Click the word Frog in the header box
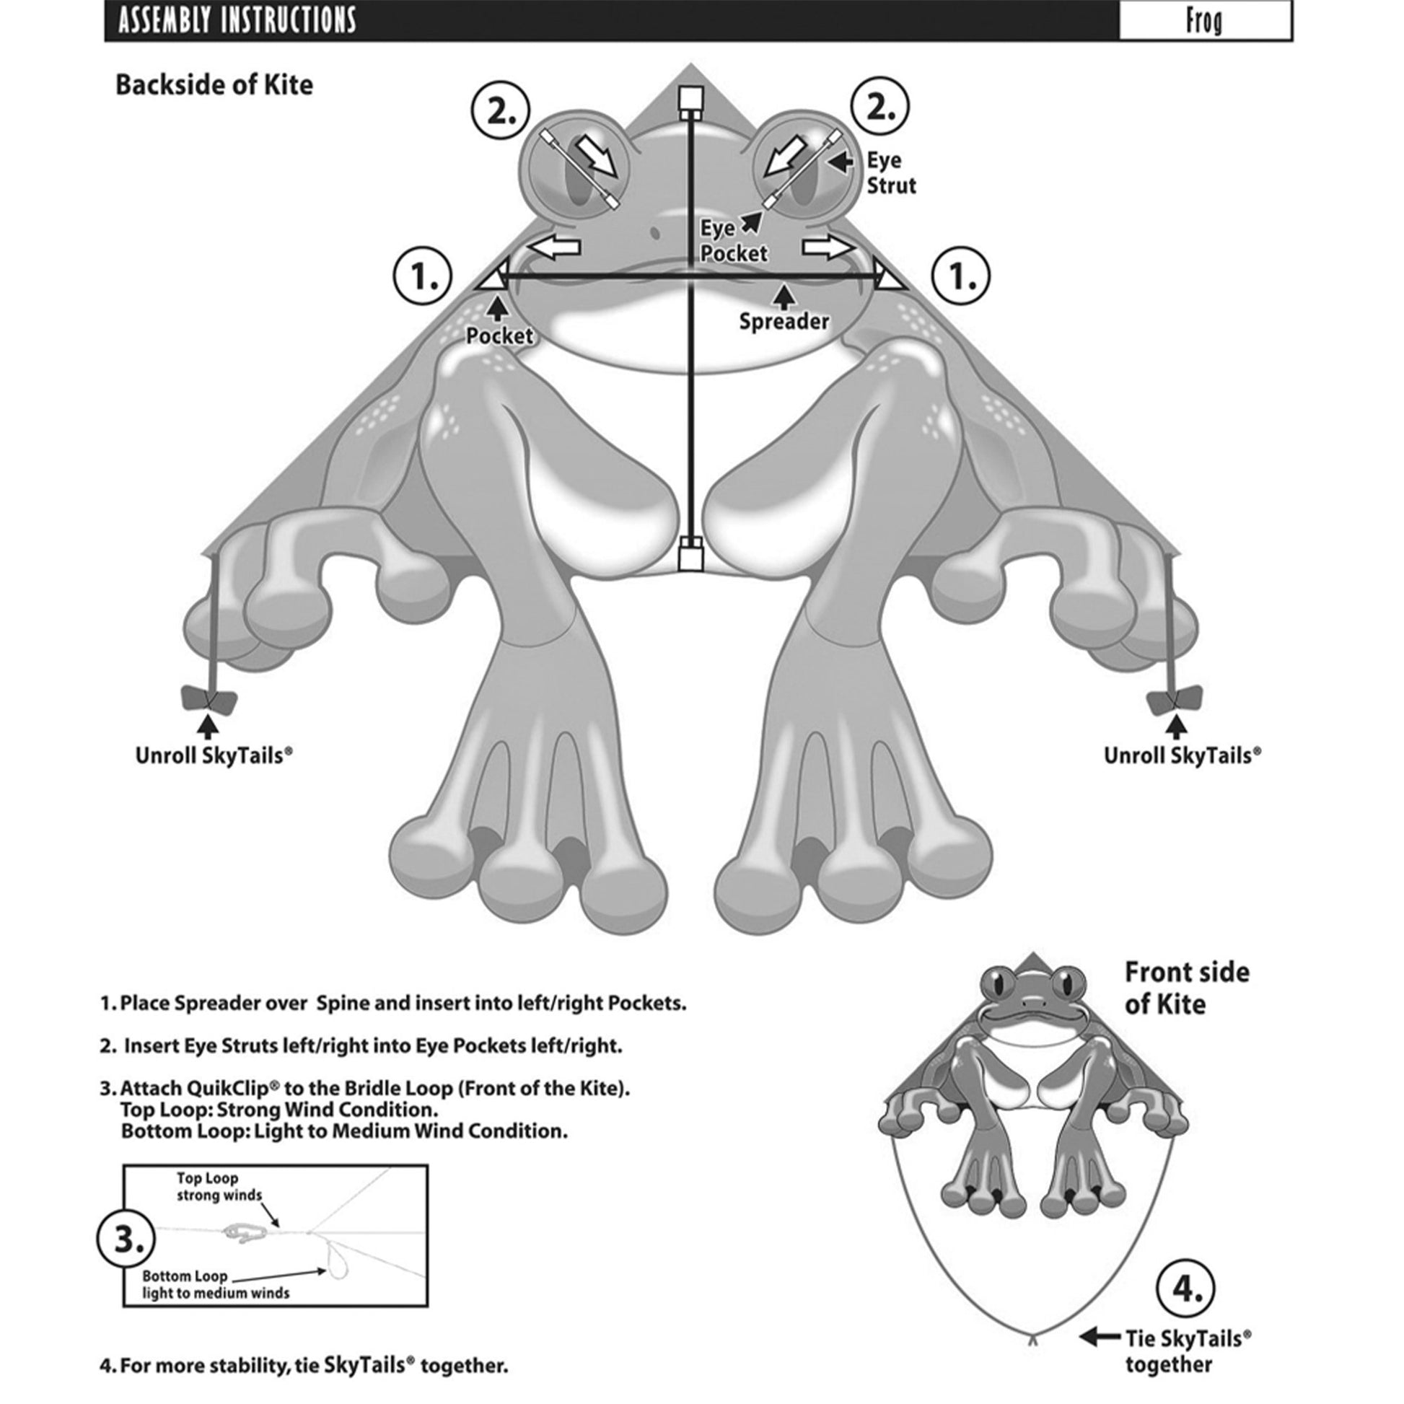[x=1203, y=21]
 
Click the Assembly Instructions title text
[x=237, y=20]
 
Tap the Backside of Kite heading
[x=214, y=85]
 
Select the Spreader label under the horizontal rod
[x=784, y=321]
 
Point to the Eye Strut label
[x=890, y=173]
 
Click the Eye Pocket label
[x=732, y=241]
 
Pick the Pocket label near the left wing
[x=499, y=335]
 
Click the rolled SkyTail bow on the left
[x=208, y=700]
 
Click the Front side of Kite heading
[x=1186, y=988]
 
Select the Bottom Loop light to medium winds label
[x=215, y=1285]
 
